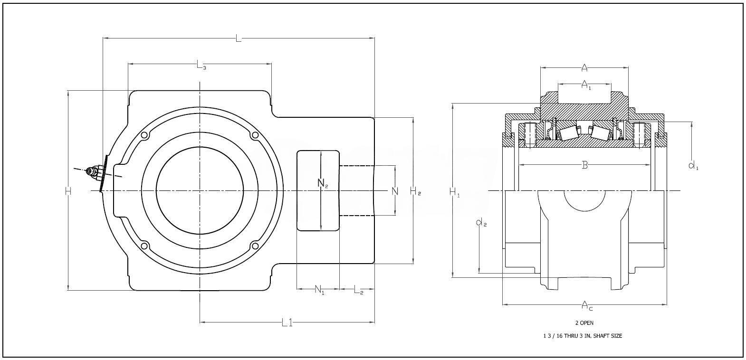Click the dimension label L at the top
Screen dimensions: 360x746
tap(239, 38)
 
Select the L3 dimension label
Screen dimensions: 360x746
tap(201, 65)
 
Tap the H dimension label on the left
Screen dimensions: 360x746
tap(68, 191)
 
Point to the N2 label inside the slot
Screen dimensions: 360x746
tap(323, 183)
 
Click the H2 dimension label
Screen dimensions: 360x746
tap(415, 191)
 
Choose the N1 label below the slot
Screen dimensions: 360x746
tap(319, 290)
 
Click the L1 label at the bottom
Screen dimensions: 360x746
tap(287, 323)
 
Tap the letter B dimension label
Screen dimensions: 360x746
tap(585, 166)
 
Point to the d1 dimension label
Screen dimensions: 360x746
tap(693, 166)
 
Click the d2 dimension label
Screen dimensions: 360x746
tap(481, 222)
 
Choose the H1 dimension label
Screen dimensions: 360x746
tap(455, 192)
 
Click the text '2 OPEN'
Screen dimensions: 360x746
tap(584, 323)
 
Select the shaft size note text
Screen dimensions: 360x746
tap(583, 336)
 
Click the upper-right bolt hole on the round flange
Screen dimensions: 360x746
tap(255, 135)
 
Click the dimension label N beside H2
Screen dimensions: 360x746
tap(394, 191)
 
